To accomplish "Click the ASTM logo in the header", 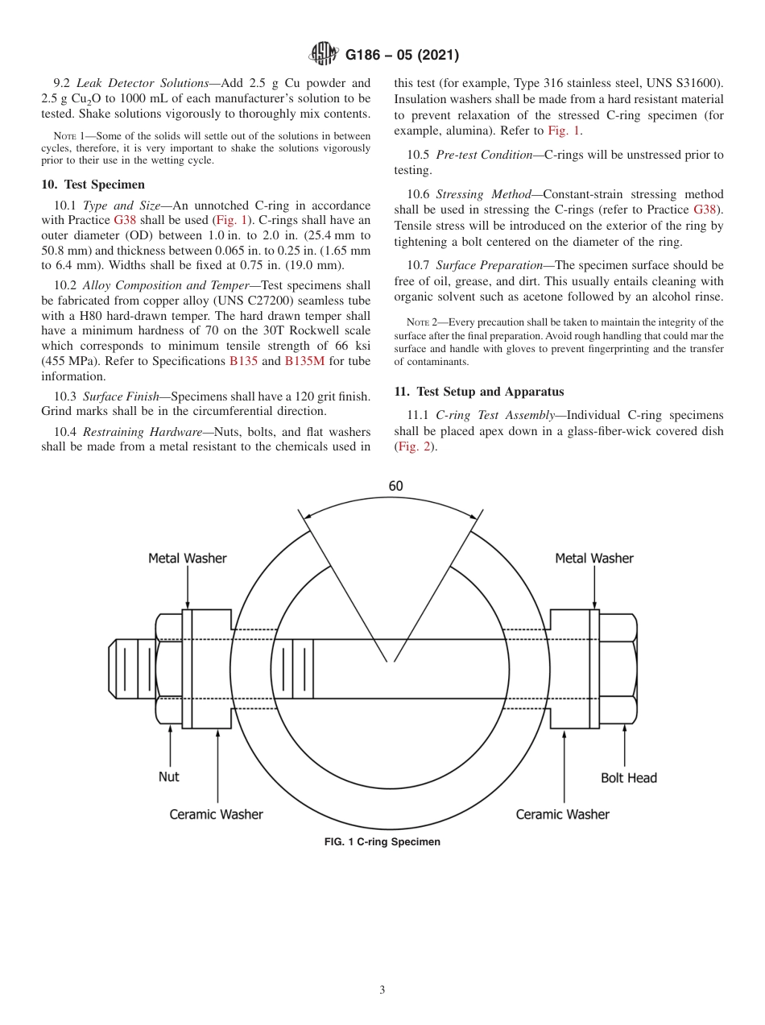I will point(324,55).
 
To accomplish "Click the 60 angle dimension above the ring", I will point(395,486).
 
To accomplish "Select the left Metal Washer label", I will point(188,558).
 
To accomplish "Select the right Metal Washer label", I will point(594,558).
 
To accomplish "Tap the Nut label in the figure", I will point(169,777).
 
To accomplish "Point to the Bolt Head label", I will point(628,778).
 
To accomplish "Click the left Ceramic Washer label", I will point(216,814).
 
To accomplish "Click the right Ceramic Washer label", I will point(562,814).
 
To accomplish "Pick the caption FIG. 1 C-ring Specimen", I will point(382,842).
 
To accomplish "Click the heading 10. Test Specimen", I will point(93,185).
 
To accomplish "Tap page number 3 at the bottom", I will point(382,990).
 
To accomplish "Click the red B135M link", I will point(304,361).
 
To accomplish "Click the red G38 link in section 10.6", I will point(705,210).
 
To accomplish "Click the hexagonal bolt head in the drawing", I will point(618,669).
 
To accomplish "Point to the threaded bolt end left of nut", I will point(129,669).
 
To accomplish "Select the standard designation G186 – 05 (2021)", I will point(402,56).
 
